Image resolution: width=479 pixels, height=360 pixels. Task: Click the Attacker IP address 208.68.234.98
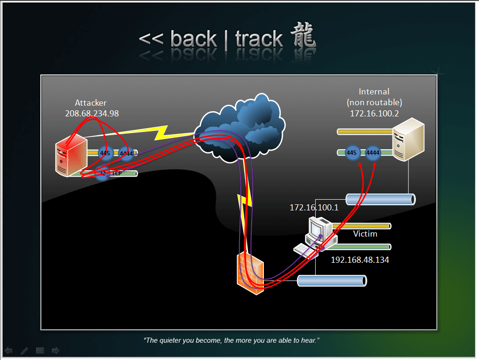click(x=92, y=113)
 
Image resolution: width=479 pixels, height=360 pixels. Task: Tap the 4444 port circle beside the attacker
click(x=126, y=153)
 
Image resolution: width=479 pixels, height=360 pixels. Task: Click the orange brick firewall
click(x=250, y=274)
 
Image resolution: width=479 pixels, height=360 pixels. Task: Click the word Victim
click(x=365, y=234)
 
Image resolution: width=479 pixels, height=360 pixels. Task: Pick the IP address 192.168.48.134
click(x=360, y=260)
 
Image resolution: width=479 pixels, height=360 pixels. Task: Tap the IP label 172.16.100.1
click(x=314, y=207)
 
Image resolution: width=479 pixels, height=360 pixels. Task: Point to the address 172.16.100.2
click(x=374, y=113)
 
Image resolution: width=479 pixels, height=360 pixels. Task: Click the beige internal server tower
click(x=408, y=140)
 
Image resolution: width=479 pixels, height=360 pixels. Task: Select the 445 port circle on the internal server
click(x=352, y=153)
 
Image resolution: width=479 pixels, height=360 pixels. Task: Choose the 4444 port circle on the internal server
click(x=373, y=153)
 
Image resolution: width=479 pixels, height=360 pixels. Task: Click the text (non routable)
click(x=374, y=102)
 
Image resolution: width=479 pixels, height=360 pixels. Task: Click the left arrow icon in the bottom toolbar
click(x=8, y=350)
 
